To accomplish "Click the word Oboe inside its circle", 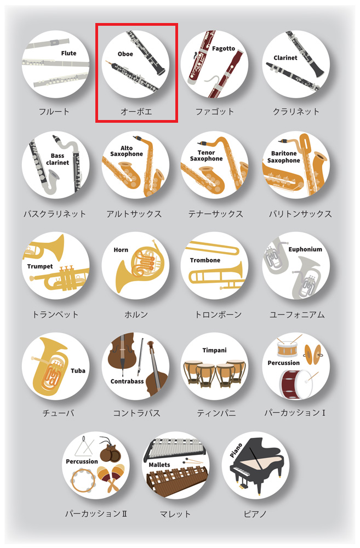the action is (125, 54).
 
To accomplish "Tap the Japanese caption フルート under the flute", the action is (54, 111).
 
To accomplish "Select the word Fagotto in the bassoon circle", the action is (224, 49).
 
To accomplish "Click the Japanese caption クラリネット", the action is (296, 111).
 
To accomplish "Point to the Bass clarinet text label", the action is (58, 159).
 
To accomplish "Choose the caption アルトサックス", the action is (134, 214).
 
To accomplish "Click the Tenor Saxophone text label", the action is (206, 156).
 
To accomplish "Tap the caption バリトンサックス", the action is (300, 214).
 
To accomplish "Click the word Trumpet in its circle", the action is (40, 266).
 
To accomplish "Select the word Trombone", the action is (205, 260).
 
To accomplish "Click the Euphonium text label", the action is (305, 249).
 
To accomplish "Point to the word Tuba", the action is (78, 370).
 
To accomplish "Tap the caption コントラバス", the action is (136, 413).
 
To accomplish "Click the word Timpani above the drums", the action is (214, 350).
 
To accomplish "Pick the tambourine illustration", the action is (83, 480).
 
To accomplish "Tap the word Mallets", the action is (159, 465).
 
